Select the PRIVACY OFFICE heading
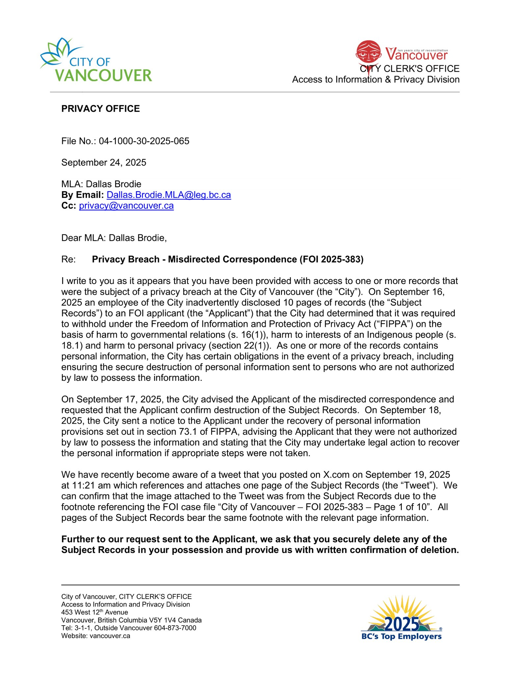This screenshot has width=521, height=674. [100, 109]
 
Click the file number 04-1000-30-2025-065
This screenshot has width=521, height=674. [144, 141]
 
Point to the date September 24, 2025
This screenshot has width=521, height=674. [104, 163]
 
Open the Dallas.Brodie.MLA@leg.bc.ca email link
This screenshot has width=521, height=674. [169, 195]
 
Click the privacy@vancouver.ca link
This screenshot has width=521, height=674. [126, 206]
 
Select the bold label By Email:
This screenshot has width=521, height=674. [82, 195]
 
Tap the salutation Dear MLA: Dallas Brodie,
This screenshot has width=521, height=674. [114, 238]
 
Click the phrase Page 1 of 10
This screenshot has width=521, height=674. [400, 507]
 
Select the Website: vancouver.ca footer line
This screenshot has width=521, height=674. [95, 636]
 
